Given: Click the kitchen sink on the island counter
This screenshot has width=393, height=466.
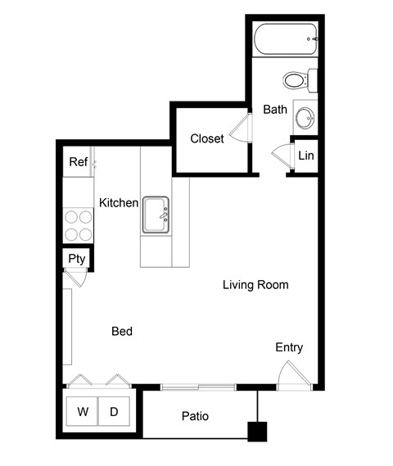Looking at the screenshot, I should tap(156, 215).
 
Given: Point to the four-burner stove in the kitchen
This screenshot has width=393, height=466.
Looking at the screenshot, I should tap(79, 226).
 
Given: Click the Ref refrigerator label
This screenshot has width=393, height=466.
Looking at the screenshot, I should tap(78, 162).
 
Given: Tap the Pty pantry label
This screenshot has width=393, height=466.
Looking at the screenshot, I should tap(77, 259).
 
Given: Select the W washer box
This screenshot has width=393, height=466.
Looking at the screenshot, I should tap(82, 412).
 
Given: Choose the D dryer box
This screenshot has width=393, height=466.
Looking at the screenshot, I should tap(113, 412).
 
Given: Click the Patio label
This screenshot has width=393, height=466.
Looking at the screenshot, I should tap(195, 417).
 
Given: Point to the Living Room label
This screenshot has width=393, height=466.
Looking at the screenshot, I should tap(255, 285).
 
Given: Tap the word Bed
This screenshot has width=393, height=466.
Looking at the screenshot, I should tap(122, 332).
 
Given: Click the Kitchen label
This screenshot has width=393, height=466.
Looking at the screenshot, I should tap(119, 202).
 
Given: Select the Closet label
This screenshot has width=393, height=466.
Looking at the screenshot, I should tap(206, 138).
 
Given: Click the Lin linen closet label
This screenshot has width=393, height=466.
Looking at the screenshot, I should tap(305, 156).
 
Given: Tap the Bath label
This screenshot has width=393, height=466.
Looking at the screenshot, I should tap(274, 110).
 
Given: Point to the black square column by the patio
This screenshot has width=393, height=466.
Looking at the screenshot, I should tap(259, 432).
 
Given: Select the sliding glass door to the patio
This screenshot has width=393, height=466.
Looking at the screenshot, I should tap(198, 386).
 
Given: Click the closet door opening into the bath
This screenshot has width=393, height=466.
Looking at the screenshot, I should tap(241, 129).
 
